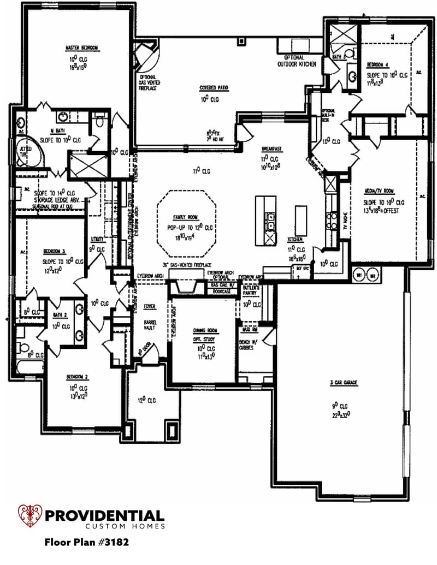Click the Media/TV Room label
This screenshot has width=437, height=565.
(x=379, y=192)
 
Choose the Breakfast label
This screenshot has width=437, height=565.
(x=271, y=148)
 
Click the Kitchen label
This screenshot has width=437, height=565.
(x=296, y=240)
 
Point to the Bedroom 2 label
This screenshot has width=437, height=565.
(x=78, y=377)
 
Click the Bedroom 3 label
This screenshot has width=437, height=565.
(x=55, y=252)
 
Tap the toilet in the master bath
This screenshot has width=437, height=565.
(x=99, y=122)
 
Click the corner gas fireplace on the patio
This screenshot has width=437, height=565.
(x=144, y=55)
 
